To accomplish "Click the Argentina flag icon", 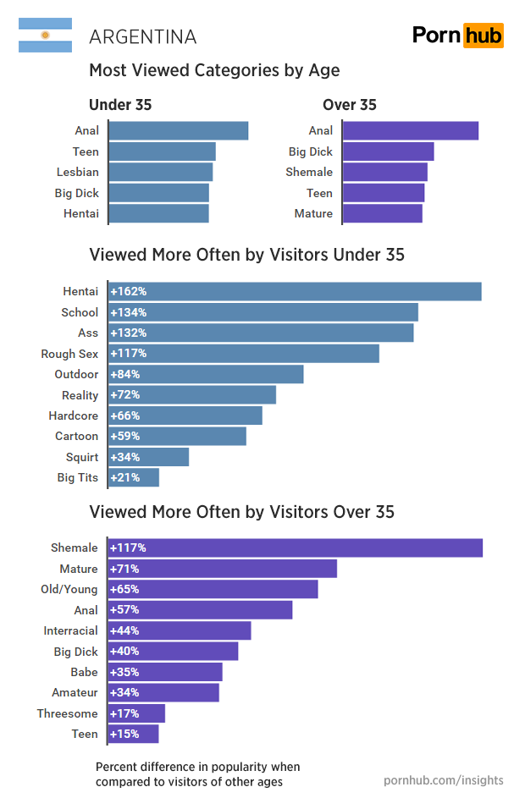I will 45,36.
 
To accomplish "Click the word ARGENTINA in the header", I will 143,37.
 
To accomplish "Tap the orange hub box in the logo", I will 484,36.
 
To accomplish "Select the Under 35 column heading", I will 120,105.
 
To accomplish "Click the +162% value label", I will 128,291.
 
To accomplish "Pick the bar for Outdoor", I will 206,374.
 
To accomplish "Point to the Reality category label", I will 80,395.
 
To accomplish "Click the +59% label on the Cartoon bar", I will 124,437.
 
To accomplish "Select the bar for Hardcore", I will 185,416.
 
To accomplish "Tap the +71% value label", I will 124,569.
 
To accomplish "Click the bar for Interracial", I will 180,630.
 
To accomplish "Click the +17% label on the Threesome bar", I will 124,713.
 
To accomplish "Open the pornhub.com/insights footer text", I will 444,780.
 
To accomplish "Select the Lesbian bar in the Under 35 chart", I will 161,172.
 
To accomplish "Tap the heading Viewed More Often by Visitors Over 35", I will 241,512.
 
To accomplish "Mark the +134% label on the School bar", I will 128,312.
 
